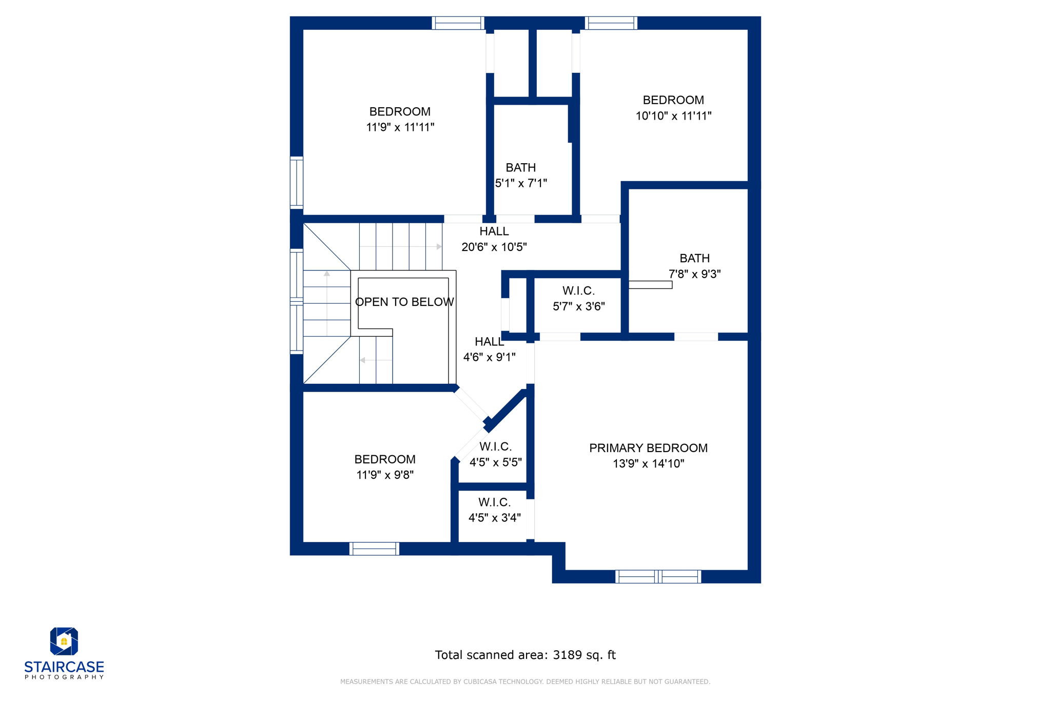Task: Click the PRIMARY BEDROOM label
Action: (x=648, y=448)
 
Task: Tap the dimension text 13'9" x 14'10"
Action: (x=648, y=464)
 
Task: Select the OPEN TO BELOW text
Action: (x=404, y=302)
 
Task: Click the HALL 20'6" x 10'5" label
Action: (x=494, y=239)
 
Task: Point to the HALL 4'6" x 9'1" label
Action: (x=489, y=349)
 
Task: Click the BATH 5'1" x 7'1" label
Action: (x=521, y=176)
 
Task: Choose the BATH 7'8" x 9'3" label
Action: (x=694, y=266)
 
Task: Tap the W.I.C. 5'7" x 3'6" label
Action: (x=578, y=299)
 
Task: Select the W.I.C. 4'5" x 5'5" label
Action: (x=495, y=455)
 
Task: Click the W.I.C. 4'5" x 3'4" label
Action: (x=494, y=510)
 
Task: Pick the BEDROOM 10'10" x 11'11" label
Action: (x=673, y=108)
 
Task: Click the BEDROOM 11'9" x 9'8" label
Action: (x=385, y=467)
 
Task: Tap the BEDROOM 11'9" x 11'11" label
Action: (x=400, y=119)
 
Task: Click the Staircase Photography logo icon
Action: (x=64, y=641)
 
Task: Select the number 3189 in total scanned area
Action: (x=567, y=655)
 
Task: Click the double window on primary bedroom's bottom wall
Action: (x=658, y=577)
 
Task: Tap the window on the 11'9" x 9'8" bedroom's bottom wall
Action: (x=374, y=549)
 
